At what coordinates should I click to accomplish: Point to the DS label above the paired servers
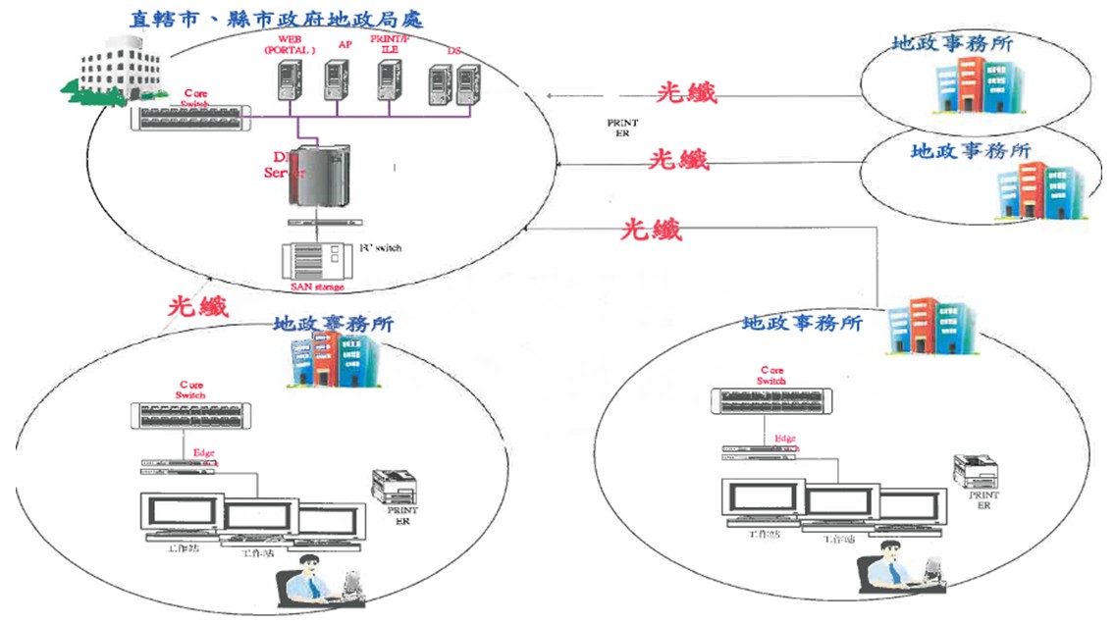tap(453, 50)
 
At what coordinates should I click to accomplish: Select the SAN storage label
tap(318, 286)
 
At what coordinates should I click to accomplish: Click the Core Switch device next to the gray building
tap(184, 119)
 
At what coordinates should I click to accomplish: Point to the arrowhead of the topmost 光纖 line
tap(551, 95)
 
